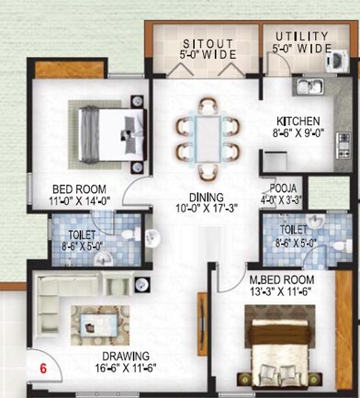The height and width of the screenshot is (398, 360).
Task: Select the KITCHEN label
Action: pyautogui.click(x=299, y=120)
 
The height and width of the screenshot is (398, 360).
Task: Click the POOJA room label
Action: pyautogui.click(x=275, y=186)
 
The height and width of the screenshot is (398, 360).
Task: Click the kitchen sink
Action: pyautogui.click(x=309, y=87)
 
